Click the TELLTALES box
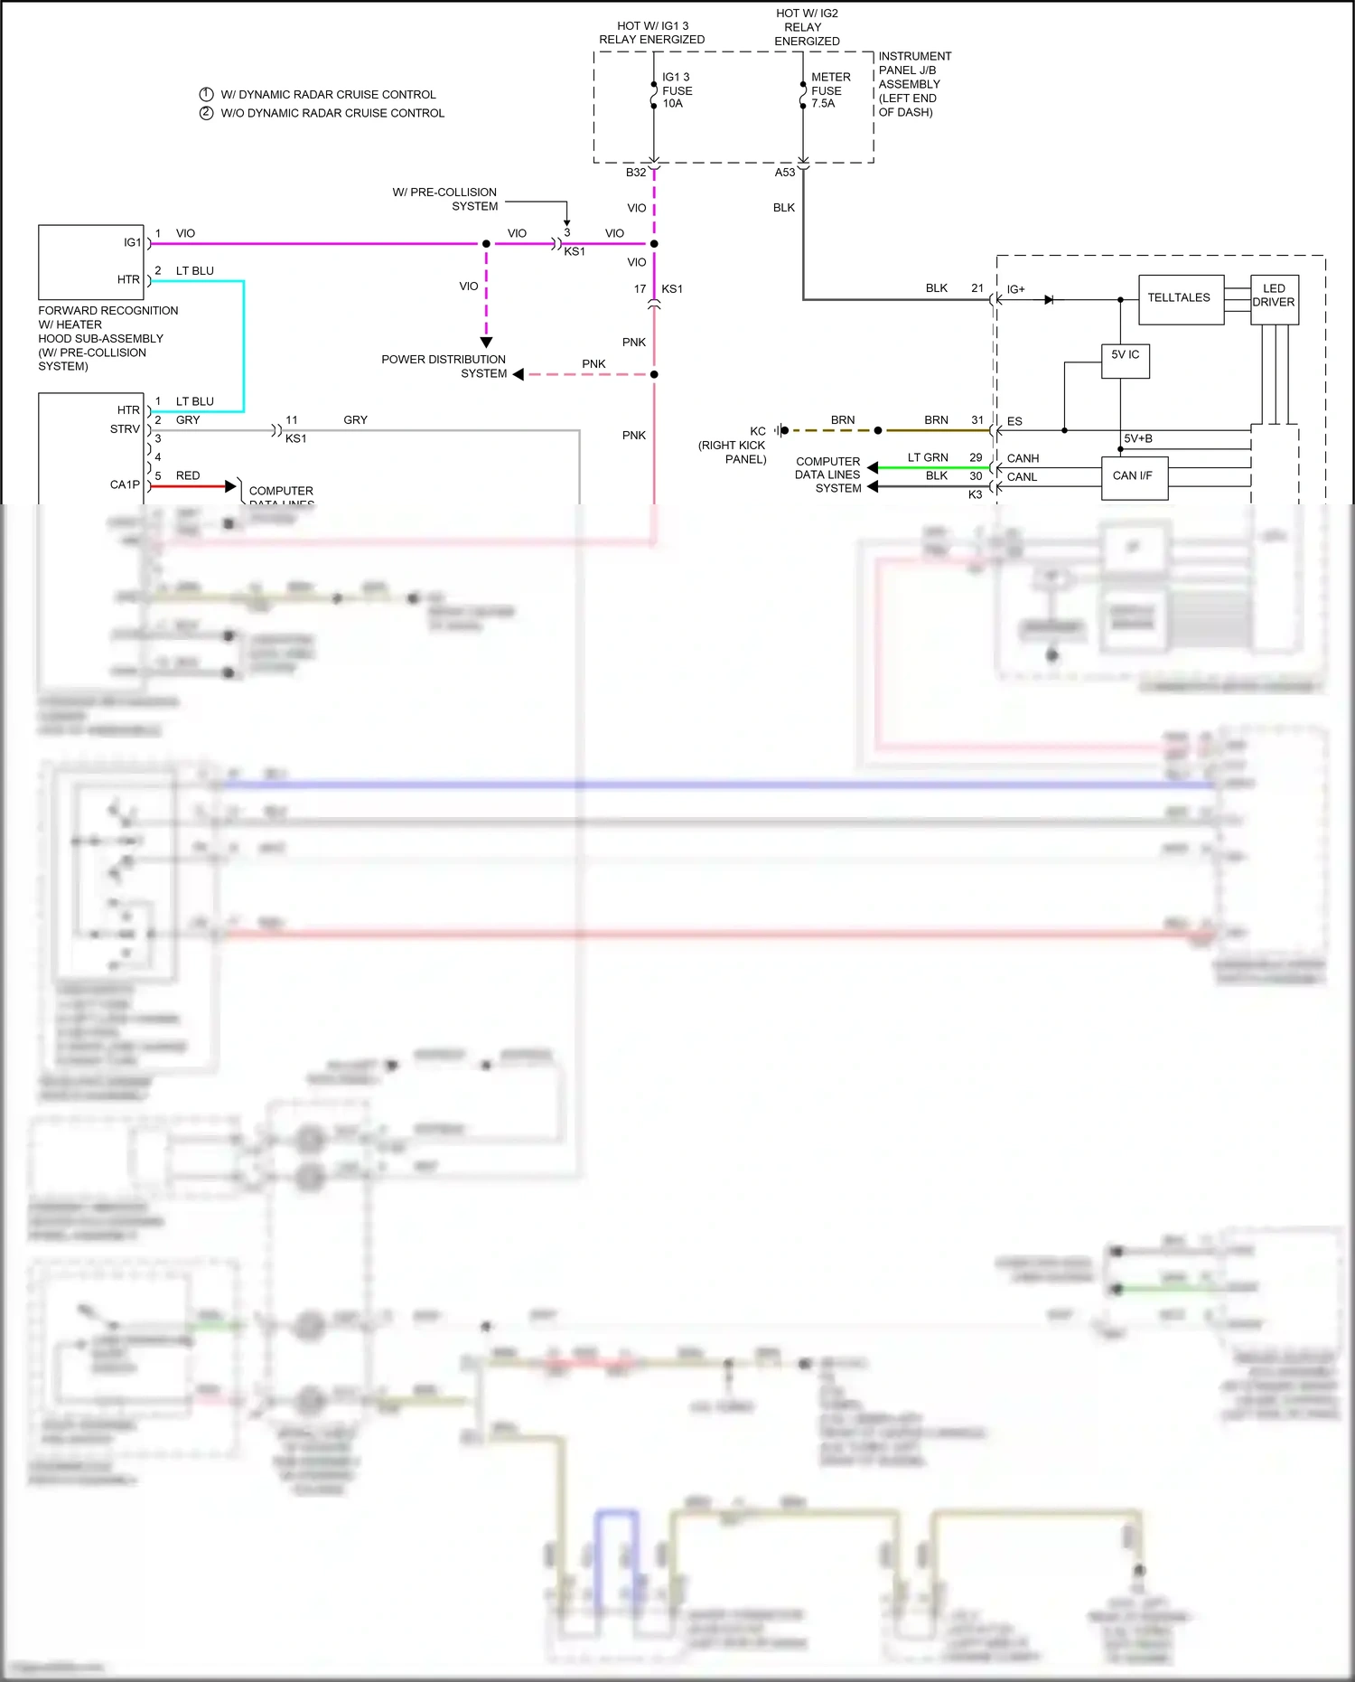pos(1179,298)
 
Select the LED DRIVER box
pos(1274,296)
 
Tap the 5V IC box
pos(1125,359)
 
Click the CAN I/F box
pos(1133,476)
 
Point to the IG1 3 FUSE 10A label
pos(677,90)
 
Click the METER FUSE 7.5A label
pos(828,90)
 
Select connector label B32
pos(636,173)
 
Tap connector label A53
pos(785,173)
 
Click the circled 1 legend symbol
pos(206,94)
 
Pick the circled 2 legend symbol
pos(206,113)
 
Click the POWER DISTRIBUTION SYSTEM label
pos(444,366)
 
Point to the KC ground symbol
pos(781,430)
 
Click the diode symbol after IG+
pos(1049,300)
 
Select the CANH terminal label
pos(1023,459)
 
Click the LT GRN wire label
pos(928,458)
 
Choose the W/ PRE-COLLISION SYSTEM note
pos(445,199)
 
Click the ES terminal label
pos(1014,422)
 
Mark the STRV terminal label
pos(125,429)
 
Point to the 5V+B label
pos(1137,439)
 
